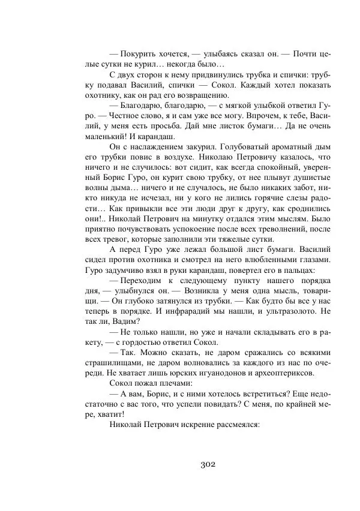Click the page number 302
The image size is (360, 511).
[206, 464]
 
